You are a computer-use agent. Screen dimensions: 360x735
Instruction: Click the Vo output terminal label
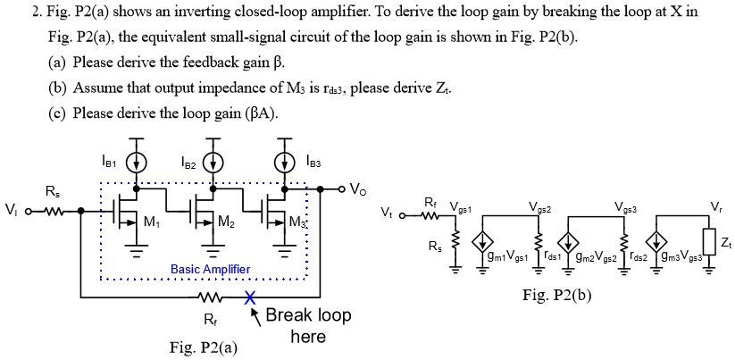pos(357,189)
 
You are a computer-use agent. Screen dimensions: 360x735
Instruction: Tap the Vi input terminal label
pos(11,211)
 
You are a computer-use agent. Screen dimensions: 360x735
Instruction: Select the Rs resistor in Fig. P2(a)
pos(51,212)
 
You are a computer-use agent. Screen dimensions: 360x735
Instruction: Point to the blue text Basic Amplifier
pos(210,270)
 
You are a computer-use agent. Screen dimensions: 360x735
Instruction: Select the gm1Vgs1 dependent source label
pos(506,256)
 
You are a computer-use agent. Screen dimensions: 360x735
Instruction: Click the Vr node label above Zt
pos(716,207)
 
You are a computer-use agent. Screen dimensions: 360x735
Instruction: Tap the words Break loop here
pos(308,326)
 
